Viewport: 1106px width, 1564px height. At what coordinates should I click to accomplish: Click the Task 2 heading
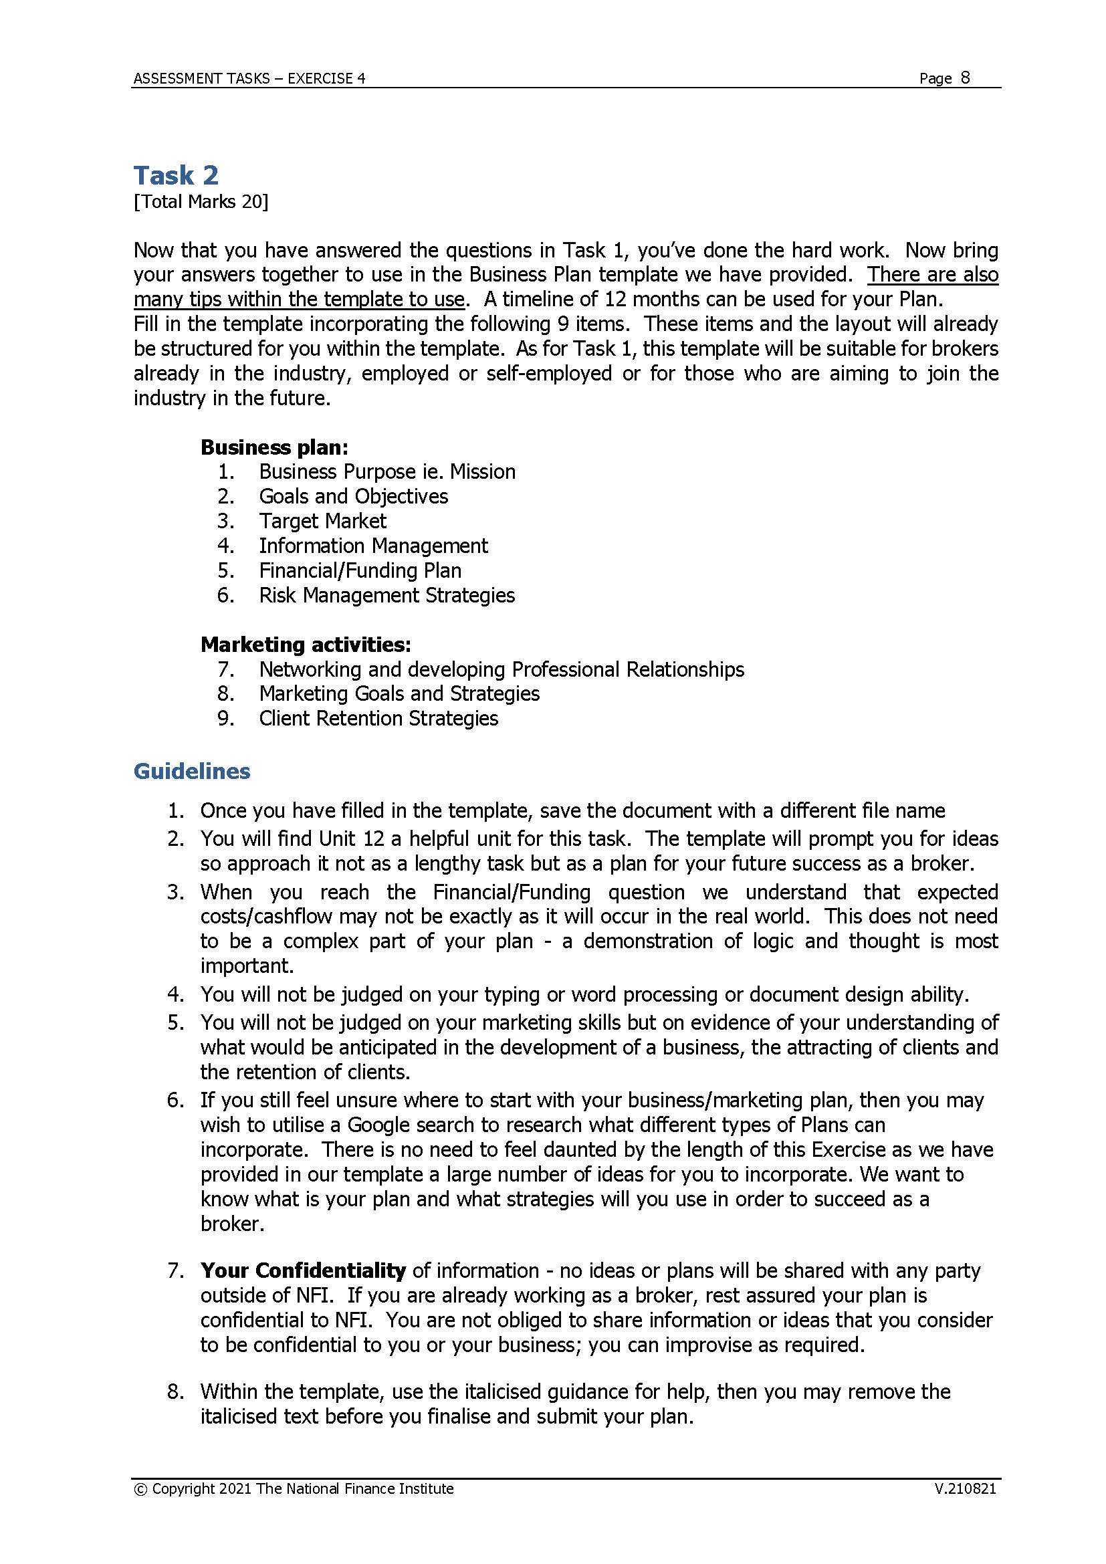[x=176, y=176]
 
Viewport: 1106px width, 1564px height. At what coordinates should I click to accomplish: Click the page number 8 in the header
[x=965, y=78]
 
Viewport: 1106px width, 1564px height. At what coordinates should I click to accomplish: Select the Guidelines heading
[x=191, y=771]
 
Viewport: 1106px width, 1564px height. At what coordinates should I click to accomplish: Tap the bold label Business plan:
[x=273, y=447]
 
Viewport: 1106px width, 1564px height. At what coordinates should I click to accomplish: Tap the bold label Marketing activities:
[x=305, y=645]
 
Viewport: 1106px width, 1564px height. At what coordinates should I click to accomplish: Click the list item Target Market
[x=322, y=521]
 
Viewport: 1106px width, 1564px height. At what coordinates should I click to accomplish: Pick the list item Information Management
[x=373, y=546]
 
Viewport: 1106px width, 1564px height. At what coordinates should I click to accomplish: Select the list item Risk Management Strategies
[x=386, y=595]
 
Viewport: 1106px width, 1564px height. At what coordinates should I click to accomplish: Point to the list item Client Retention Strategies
[x=378, y=719]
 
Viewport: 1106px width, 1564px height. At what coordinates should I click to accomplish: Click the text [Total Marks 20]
[x=201, y=202]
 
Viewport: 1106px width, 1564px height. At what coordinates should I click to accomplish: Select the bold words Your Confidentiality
[x=302, y=1271]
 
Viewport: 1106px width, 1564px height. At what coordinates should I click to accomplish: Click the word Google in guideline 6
[x=378, y=1125]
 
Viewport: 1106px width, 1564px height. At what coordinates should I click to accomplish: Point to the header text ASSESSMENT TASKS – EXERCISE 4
[x=249, y=79]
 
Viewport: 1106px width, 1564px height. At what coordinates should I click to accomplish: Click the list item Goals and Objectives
[x=353, y=497]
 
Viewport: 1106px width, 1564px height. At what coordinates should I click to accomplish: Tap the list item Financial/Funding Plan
[x=360, y=571]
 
